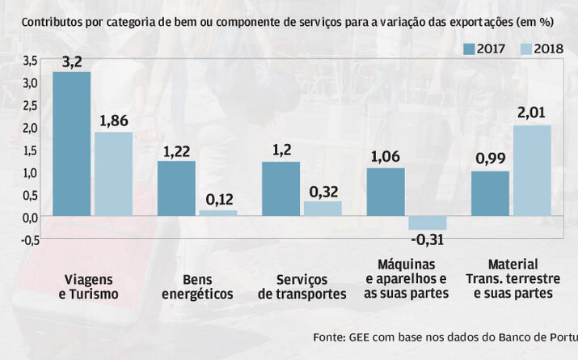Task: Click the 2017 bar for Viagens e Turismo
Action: [71, 143]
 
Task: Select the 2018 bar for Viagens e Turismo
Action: [113, 174]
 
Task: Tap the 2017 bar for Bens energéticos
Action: [175, 188]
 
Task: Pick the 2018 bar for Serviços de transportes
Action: [323, 209]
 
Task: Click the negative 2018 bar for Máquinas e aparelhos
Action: [427, 223]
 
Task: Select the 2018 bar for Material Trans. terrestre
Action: [532, 171]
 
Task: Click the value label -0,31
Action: [428, 240]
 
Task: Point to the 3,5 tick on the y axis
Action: [29, 61]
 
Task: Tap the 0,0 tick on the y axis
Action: [29, 217]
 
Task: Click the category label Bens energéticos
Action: [197, 286]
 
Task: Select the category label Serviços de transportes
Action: [302, 286]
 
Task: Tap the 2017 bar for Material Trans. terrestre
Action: [490, 194]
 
